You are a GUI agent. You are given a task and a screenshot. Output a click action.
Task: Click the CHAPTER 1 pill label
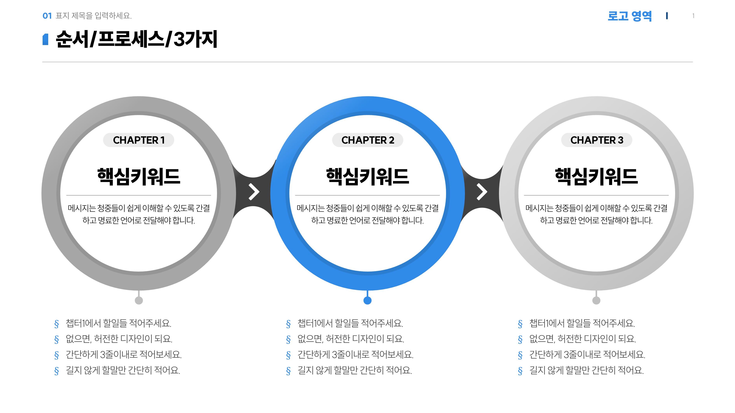point(139,140)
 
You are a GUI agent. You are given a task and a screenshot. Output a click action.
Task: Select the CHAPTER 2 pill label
point(367,140)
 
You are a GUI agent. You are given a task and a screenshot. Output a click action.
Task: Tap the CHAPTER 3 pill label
point(597,140)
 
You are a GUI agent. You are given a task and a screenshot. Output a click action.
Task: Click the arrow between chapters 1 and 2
point(254,192)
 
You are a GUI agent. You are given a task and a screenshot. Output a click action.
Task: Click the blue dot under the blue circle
point(367,300)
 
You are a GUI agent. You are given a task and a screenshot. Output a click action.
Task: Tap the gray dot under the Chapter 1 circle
point(139,300)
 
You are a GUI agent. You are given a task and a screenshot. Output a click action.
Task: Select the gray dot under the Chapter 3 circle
point(596,300)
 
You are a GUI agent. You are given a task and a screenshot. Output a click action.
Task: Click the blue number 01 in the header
point(47,16)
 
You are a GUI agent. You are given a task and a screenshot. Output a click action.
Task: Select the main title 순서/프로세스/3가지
point(136,39)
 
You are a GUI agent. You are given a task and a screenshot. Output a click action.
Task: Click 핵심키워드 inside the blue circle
point(367,176)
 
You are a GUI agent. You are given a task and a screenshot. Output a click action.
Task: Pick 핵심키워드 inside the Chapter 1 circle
point(139,176)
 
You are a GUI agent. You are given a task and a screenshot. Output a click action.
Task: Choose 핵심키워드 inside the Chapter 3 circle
point(596,176)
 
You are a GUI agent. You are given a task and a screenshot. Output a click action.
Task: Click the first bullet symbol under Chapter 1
point(57,324)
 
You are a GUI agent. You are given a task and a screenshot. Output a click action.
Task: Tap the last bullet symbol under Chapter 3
point(520,371)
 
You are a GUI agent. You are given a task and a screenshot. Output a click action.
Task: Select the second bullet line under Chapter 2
point(351,339)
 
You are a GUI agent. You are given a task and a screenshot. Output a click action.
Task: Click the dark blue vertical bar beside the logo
point(667,16)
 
